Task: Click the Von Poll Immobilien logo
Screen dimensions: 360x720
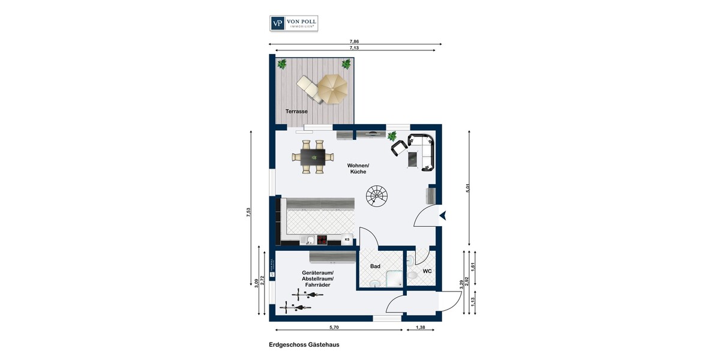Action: click(293, 23)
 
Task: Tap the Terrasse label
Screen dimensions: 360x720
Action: click(296, 112)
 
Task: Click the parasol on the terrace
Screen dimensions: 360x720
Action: click(332, 89)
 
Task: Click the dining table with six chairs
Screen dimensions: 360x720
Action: click(312, 157)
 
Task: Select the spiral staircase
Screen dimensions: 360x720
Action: click(378, 196)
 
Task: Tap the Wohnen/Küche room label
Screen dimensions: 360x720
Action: click(358, 169)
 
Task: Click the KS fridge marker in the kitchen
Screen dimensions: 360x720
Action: click(347, 240)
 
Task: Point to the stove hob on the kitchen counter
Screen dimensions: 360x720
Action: click(322, 241)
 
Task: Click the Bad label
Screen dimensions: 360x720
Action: click(376, 265)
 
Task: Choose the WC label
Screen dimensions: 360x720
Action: click(427, 271)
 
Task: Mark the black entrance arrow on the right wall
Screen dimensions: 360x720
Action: click(442, 215)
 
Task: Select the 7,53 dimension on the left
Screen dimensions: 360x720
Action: click(248, 214)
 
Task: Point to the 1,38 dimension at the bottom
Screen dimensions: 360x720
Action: click(421, 327)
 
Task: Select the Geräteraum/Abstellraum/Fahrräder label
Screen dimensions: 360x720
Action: click(317, 279)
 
